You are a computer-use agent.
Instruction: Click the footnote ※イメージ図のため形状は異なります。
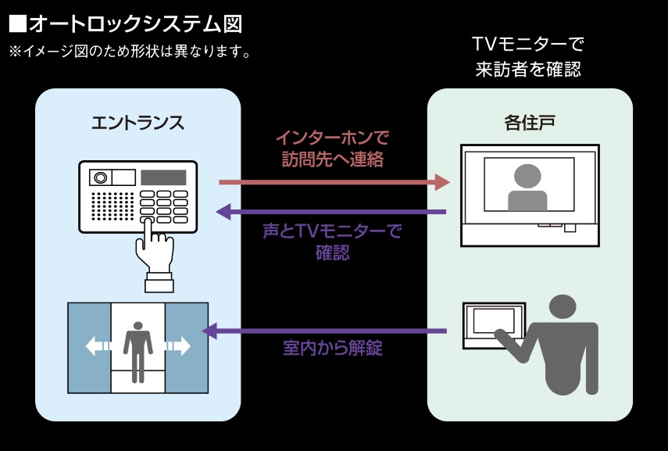129,52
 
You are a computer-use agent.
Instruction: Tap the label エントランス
138,123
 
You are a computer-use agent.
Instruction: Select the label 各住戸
529,123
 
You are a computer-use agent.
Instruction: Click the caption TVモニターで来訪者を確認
528,56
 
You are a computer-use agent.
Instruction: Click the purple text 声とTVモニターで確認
332,242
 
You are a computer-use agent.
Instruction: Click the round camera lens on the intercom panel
100,177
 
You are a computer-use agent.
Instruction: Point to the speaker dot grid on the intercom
113,206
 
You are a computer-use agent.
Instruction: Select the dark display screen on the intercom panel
163,177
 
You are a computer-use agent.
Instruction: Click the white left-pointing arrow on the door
98,345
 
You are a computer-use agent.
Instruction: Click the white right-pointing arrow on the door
178,345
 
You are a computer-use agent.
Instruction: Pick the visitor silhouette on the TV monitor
527,188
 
